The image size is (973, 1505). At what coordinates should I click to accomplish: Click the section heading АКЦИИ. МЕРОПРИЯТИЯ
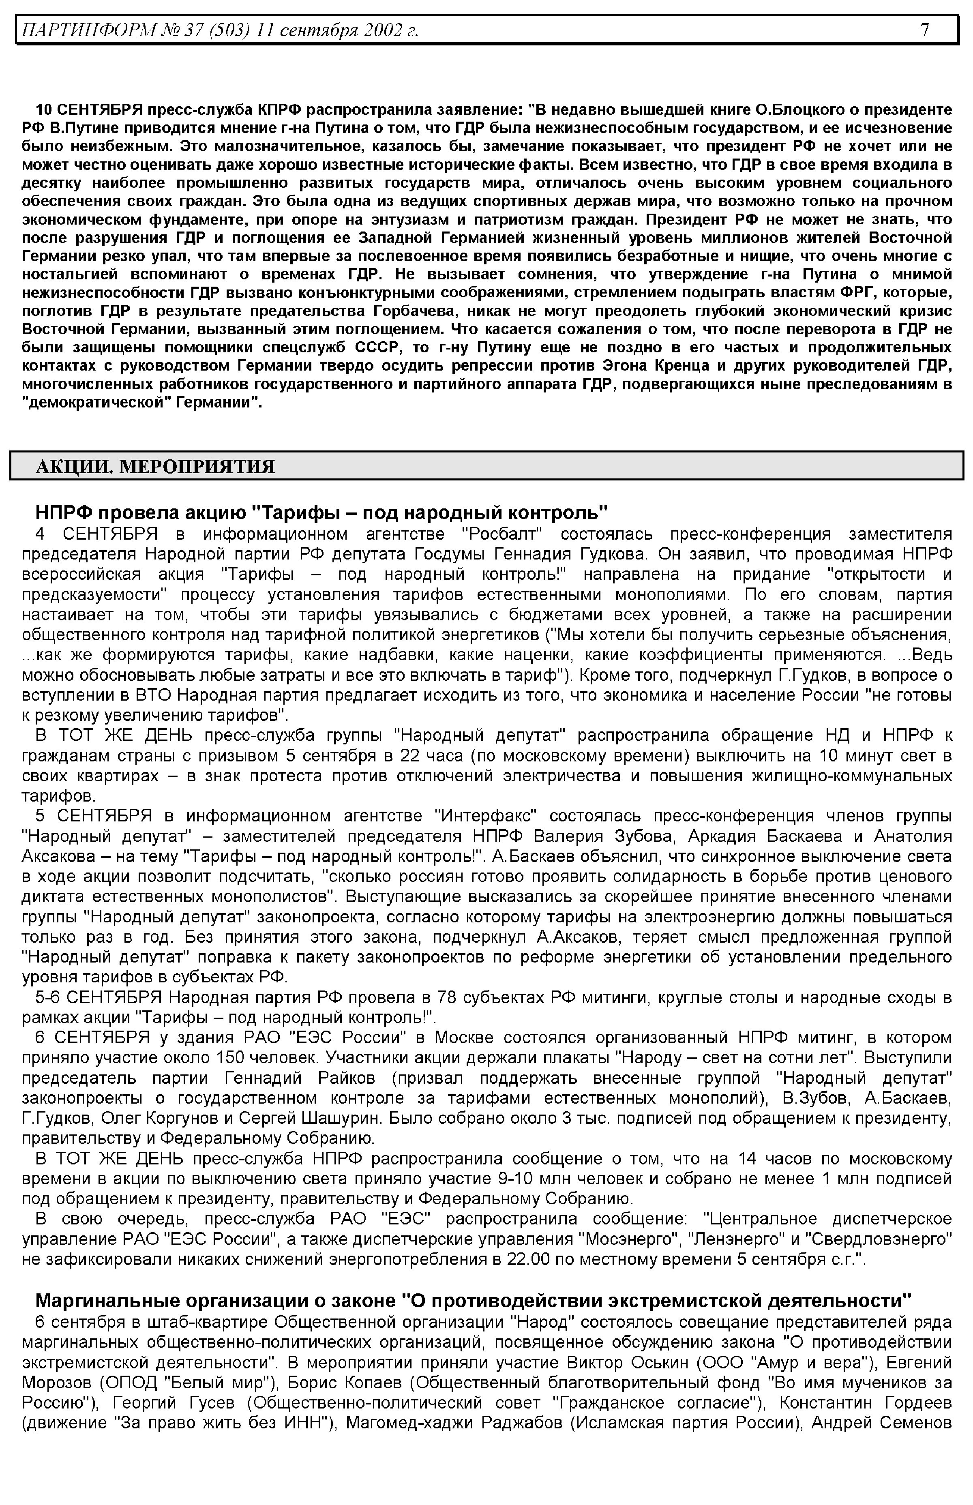pyautogui.click(x=155, y=467)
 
